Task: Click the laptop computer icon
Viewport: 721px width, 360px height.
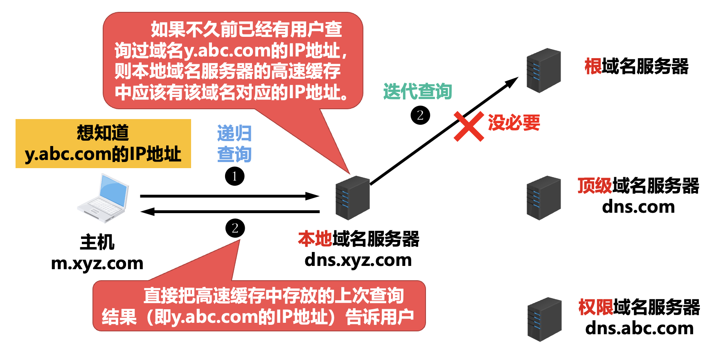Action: [x=103, y=198]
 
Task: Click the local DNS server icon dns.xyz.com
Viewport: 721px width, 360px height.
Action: [x=352, y=198]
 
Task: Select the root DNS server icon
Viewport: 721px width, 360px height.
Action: [x=543, y=70]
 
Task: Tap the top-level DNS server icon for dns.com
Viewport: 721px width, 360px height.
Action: [x=543, y=198]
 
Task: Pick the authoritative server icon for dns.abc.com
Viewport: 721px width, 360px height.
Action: [x=544, y=319]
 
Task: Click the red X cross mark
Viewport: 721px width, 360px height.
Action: [x=469, y=127]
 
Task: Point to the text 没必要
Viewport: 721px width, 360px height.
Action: [x=514, y=123]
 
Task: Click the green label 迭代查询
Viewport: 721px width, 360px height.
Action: [x=417, y=92]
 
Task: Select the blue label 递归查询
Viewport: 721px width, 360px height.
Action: [x=234, y=144]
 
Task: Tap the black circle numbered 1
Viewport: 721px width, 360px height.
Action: [x=235, y=176]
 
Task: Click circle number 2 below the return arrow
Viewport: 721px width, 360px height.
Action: [x=235, y=228]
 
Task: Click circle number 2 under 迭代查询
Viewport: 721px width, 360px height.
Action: [x=420, y=115]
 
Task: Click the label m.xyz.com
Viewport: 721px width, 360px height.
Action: [x=97, y=263]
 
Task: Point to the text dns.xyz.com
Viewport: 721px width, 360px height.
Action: [x=358, y=260]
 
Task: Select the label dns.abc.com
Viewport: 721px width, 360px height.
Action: [x=639, y=328]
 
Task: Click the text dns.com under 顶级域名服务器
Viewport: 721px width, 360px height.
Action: [x=638, y=207]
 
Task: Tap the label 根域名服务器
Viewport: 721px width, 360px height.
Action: [x=636, y=66]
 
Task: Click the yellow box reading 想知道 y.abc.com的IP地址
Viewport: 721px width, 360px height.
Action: [x=103, y=144]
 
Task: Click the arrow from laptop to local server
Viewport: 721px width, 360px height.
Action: [x=229, y=196]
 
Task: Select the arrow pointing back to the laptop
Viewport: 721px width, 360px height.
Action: [x=229, y=211]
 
